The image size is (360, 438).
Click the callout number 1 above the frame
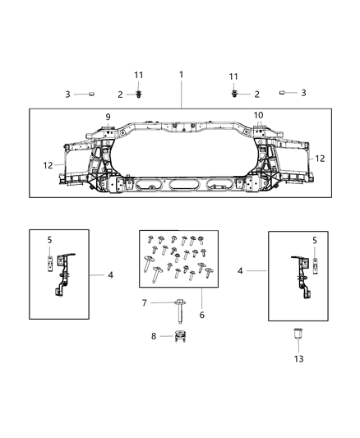(181, 75)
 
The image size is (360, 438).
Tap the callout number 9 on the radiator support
(108, 116)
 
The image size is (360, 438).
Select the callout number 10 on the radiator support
(257, 115)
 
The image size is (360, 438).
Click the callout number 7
(145, 303)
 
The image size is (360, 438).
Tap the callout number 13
(299, 358)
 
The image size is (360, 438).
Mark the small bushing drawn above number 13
(299, 334)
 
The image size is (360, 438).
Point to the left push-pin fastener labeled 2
(138, 95)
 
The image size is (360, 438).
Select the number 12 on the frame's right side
(320, 158)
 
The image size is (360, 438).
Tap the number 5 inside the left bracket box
(48, 240)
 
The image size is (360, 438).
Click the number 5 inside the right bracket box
(315, 240)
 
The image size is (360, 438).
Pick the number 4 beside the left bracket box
(110, 274)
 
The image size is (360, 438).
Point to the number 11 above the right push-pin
(233, 76)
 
